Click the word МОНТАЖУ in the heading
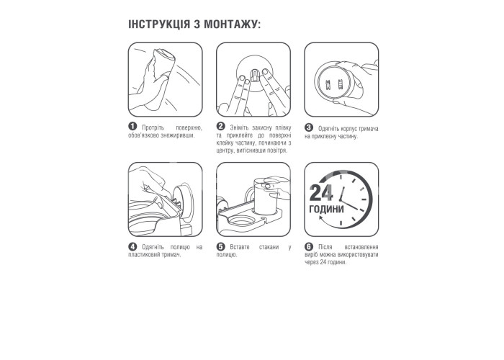(x=232, y=24)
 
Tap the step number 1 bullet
(x=132, y=126)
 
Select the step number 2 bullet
(x=220, y=126)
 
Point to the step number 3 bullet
(x=309, y=127)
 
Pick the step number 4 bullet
(x=132, y=246)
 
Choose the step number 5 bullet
(x=220, y=246)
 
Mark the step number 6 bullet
(x=309, y=246)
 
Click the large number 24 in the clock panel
(x=321, y=193)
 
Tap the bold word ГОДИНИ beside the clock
(x=326, y=210)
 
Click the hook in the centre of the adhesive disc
(x=254, y=75)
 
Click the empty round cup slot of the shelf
(x=241, y=222)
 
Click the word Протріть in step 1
(x=153, y=127)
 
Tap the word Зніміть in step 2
(x=240, y=127)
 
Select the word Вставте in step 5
(x=240, y=247)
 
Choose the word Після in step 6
(x=325, y=247)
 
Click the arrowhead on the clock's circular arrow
(x=321, y=218)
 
